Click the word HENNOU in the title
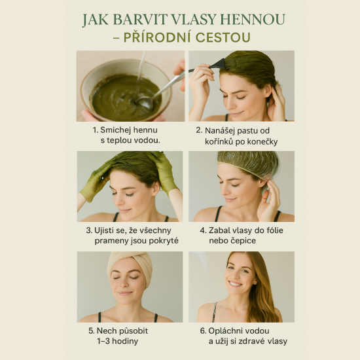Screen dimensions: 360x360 253,20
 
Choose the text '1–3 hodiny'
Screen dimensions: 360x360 117,341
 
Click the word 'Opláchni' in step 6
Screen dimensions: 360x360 223,331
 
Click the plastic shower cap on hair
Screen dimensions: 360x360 249,163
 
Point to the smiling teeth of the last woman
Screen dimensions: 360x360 235,284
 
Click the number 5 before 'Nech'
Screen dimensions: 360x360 91,331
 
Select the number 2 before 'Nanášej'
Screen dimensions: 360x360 198,130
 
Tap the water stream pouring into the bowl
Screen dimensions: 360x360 141,73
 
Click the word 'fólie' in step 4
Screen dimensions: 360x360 275,230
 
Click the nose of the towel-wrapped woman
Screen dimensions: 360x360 126,285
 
